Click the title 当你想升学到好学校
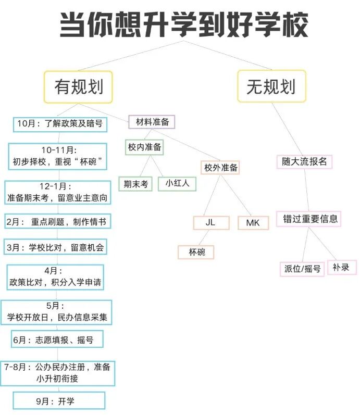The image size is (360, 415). (183, 24)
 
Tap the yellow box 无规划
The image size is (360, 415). (271, 86)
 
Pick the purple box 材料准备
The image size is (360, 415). (152, 122)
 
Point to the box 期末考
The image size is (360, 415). (135, 184)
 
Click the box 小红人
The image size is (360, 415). (177, 184)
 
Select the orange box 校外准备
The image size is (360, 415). (220, 168)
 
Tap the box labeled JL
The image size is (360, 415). (210, 223)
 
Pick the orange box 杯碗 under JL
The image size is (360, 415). (196, 252)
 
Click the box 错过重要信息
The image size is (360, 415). (309, 219)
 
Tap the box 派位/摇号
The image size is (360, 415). (302, 269)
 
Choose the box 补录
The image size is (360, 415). (342, 268)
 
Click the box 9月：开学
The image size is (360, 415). (59, 401)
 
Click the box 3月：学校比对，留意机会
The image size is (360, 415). (56, 247)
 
